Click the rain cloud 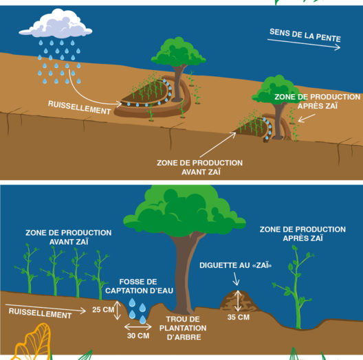(x=56, y=24)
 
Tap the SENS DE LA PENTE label (x=305, y=35)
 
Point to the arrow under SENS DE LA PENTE (x=304, y=44)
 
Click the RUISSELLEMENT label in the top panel (x=80, y=108)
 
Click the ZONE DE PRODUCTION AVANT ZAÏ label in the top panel (x=200, y=167)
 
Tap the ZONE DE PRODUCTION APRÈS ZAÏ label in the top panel (x=318, y=102)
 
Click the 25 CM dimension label (x=103, y=310)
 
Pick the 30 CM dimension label (x=138, y=336)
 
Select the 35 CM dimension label (x=239, y=317)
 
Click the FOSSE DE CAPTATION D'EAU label (x=139, y=286)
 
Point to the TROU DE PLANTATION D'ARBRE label (x=183, y=328)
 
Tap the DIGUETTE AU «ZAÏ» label (x=235, y=265)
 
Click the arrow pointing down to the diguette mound (x=236, y=279)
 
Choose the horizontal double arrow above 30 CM (x=138, y=327)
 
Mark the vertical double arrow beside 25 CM (x=118, y=310)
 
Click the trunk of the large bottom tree (x=184, y=273)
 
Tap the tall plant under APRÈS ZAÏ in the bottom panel (x=296, y=287)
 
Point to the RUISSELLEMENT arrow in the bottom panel (x=45, y=308)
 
